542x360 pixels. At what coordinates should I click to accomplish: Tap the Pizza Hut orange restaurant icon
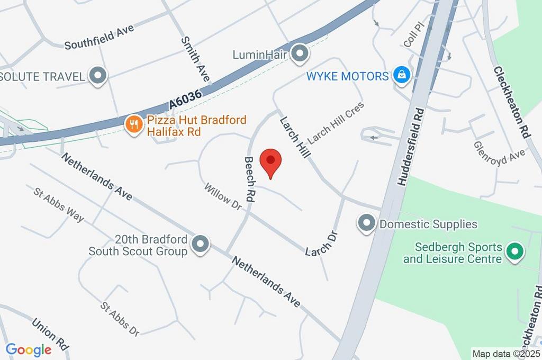pos(133,124)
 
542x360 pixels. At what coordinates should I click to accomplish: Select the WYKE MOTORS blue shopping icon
pos(402,76)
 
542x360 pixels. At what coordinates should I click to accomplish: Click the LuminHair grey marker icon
pos(300,53)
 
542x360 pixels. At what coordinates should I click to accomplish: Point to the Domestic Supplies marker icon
pos(366,223)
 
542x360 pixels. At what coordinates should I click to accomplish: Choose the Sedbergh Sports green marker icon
pos(513,252)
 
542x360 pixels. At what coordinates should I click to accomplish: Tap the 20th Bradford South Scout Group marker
pos(201,245)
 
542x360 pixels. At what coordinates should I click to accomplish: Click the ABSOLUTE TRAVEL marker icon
pos(97,76)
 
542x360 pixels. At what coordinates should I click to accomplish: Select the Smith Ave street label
pos(195,59)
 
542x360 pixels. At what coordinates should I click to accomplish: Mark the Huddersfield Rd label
pos(410,147)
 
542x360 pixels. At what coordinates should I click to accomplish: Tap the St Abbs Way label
pos(58,204)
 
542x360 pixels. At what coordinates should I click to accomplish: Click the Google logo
pos(29,349)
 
